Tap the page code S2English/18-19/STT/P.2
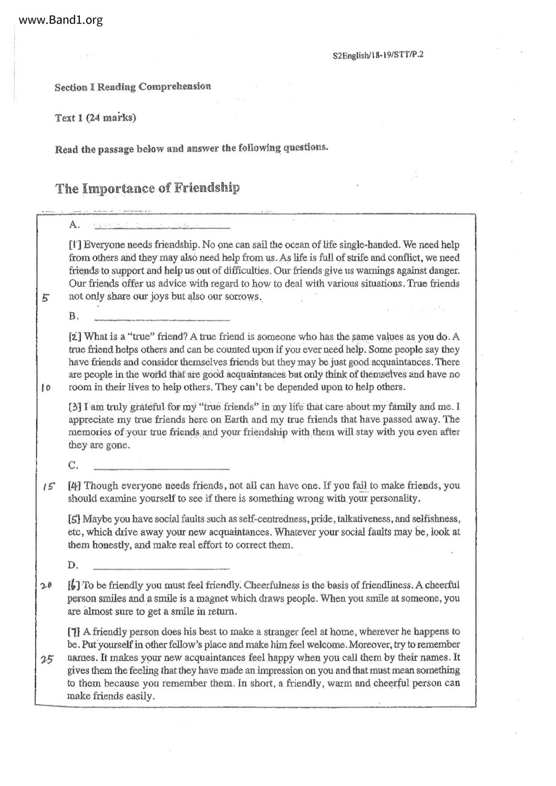pyautogui.click(x=378, y=56)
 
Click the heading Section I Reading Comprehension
pyautogui.click(x=133, y=86)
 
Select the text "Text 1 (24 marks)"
pyautogui.click(x=95, y=118)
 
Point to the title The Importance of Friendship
pyautogui.click(x=148, y=188)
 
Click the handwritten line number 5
pyautogui.click(x=45, y=298)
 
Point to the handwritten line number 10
pyautogui.click(x=45, y=388)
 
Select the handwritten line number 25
pyautogui.click(x=47, y=659)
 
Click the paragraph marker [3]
pyautogui.click(x=74, y=407)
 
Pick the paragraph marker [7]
pyautogui.click(x=74, y=632)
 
